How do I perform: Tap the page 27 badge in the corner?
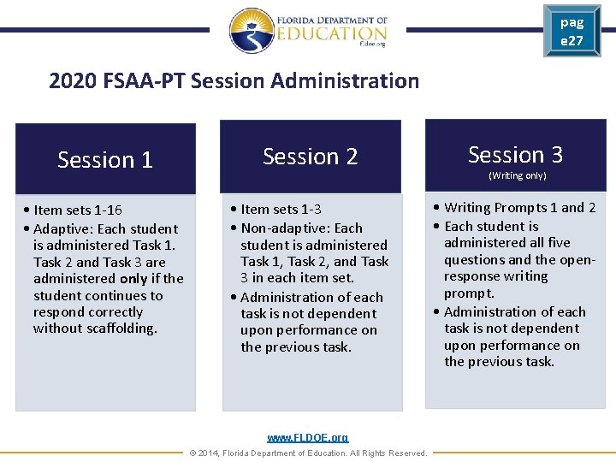(572, 32)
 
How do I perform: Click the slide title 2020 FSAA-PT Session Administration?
(234, 81)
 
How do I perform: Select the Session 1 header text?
(104, 160)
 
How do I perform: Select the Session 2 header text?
(310, 157)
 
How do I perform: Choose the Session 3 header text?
(515, 155)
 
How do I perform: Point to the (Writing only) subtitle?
(517, 175)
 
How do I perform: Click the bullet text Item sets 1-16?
(78, 210)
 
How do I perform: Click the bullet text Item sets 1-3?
(281, 210)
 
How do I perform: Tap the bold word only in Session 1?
(134, 279)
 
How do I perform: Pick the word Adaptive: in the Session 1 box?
(64, 229)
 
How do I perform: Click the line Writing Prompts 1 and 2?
(519, 208)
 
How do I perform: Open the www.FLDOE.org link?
(308, 438)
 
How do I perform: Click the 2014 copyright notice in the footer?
(308, 453)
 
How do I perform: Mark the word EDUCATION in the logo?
(331, 33)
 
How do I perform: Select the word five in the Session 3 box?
(559, 243)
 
